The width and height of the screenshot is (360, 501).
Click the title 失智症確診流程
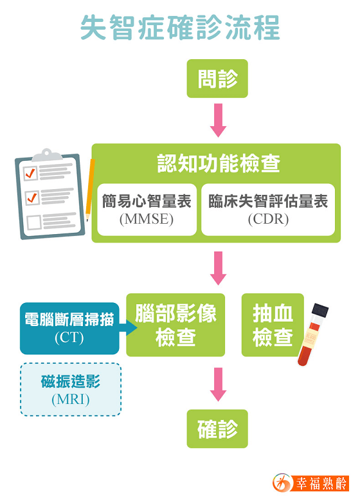pyautogui.click(x=180, y=28)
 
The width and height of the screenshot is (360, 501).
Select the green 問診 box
pyautogui.click(x=217, y=78)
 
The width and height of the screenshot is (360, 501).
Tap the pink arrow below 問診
pyautogui.click(x=218, y=120)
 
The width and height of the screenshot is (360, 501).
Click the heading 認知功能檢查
pyautogui.click(x=219, y=163)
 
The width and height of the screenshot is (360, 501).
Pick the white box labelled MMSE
pyautogui.click(x=147, y=210)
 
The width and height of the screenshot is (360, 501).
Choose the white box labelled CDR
pyautogui.click(x=268, y=210)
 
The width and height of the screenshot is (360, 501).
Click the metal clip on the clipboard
pyautogui.click(x=47, y=155)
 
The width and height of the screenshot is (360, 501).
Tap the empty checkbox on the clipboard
pyautogui.click(x=34, y=222)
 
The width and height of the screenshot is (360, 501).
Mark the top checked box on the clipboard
pyautogui.click(x=31, y=174)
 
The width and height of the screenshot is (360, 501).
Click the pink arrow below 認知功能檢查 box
pyautogui.click(x=218, y=268)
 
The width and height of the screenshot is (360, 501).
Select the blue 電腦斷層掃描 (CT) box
pyautogui.click(x=69, y=328)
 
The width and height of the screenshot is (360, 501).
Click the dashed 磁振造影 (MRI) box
pyautogui.click(x=71, y=390)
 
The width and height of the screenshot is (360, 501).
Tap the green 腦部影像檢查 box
pyautogui.click(x=175, y=325)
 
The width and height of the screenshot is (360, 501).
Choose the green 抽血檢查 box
pyautogui.click(x=273, y=325)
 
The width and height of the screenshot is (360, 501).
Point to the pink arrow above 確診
pyautogui.click(x=218, y=385)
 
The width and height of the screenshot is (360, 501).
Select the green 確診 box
pyautogui.click(x=217, y=429)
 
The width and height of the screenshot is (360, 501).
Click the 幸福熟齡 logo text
pyautogui.click(x=321, y=484)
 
